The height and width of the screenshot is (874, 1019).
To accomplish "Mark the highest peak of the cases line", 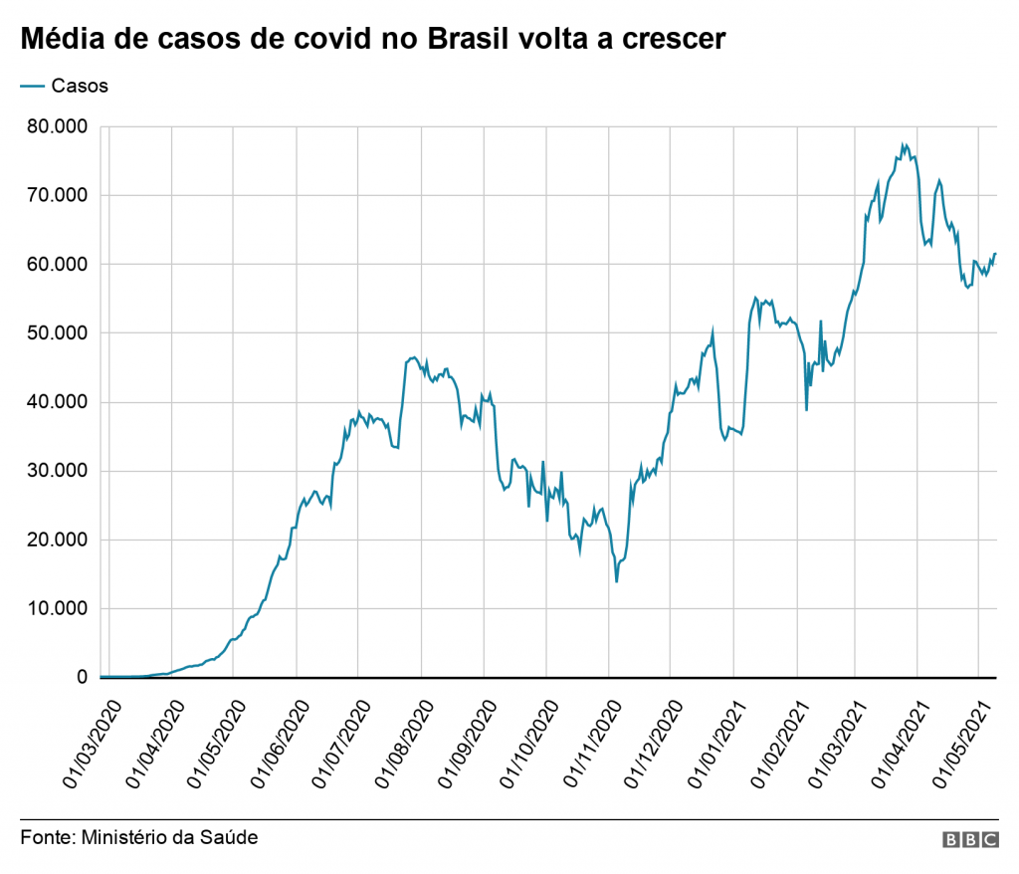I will coord(903,144).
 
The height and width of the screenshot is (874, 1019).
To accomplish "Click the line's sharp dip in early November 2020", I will coord(617,580).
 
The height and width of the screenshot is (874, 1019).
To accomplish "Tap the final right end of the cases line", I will coord(995,254).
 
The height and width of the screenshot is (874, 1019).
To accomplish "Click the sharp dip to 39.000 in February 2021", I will coord(806,409).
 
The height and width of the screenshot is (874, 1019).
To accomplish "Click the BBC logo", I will coord(970,841).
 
